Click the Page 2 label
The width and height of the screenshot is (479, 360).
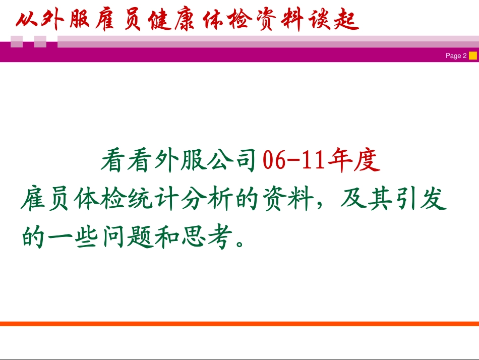pos(456,56)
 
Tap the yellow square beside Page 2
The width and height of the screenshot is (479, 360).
pos(472,55)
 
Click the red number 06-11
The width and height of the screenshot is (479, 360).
pos(294,161)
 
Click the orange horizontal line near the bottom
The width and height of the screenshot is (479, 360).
pos(239,324)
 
